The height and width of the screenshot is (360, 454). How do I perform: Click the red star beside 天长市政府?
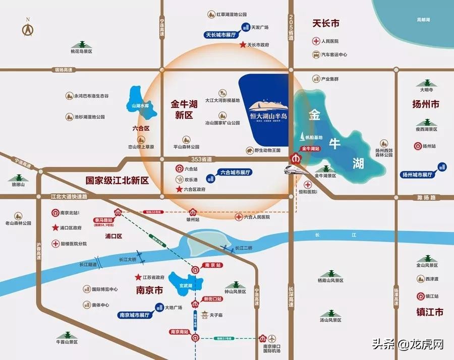pyautogui.click(x=243, y=45)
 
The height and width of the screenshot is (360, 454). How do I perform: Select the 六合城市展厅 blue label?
pyautogui.click(x=235, y=172)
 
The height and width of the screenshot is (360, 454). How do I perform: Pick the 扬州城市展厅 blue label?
pyautogui.click(x=418, y=175)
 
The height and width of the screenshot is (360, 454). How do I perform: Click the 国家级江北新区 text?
pyautogui.click(x=117, y=180)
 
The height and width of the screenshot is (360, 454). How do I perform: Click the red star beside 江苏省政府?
pyautogui.click(x=138, y=277)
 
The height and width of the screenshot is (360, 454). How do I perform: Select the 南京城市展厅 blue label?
pyautogui.click(x=135, y=315)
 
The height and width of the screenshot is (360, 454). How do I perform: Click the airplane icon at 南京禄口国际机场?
pyautogui.click(x=273, y=338)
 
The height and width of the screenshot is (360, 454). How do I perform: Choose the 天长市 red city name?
pyautogui.click(x=325, y=23)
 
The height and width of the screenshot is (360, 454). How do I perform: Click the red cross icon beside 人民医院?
pyautogui.click(x=316, y=41)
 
